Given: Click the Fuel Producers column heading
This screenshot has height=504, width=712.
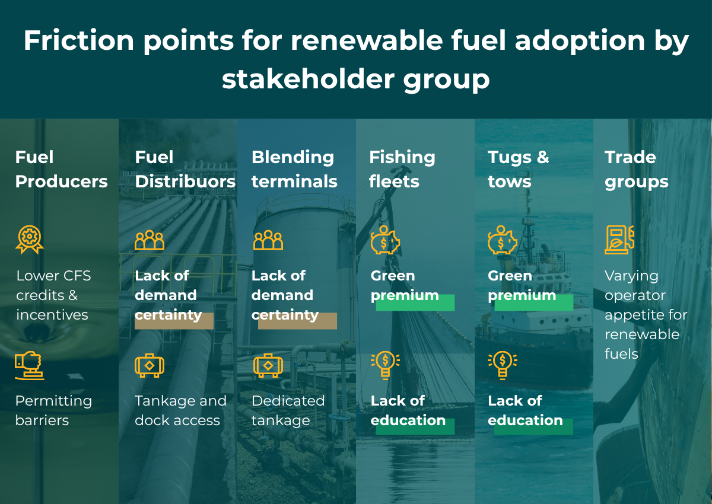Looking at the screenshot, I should tap(61, 170).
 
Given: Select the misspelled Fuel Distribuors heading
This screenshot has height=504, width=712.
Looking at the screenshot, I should tap(185, 170).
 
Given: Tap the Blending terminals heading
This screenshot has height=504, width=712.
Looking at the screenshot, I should tap(294, 170).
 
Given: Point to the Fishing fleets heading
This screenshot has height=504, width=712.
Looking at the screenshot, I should tap(402, 170).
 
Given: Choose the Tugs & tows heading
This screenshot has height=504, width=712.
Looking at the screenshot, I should tap(518, 170).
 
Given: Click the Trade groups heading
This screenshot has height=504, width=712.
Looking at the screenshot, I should tap(636, 170).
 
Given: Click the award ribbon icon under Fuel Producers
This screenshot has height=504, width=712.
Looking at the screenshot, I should tap(29, 240).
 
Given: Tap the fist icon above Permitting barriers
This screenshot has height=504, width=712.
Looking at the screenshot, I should tap(29, 365).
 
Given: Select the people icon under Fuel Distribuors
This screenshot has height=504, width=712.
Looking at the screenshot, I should tap(150, 240).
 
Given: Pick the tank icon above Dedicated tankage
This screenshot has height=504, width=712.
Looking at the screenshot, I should tap(268, 365).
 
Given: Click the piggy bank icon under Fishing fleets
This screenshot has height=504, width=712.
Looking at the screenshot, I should tap(385, 240).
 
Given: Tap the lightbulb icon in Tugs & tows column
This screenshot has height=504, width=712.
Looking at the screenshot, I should tap(503, 364).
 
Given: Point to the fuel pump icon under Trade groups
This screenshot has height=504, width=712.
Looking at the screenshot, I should tap(619, 240).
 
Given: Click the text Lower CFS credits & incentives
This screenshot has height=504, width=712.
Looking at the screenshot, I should tap(53, 295).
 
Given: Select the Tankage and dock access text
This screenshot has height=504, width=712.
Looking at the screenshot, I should tap(180, 410).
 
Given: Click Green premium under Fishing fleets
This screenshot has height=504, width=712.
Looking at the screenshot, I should tap(405, 286).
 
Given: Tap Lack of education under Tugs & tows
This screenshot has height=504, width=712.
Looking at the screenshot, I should tap(525, 410).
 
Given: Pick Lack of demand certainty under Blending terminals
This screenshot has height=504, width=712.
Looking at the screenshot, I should tap(285, 295).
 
